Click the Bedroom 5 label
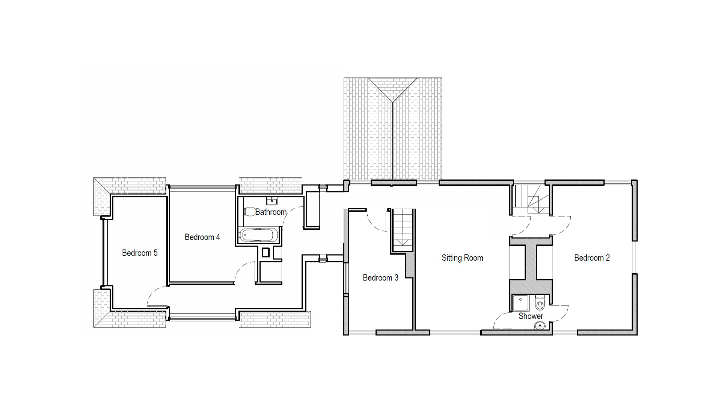pos(140,253)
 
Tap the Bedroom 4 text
pos(202,237)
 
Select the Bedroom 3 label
pos(380,278)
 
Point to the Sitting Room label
pos(462,258)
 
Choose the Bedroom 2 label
pos(592,258)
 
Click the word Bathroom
pos(271,212)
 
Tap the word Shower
pos(531,316)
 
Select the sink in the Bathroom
pos(272,201)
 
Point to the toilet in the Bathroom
pos(249,212)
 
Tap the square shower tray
pos(520,303)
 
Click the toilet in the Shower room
pos(540,303)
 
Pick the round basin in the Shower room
pos(540,326)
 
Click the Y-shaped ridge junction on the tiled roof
pos(392,102)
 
